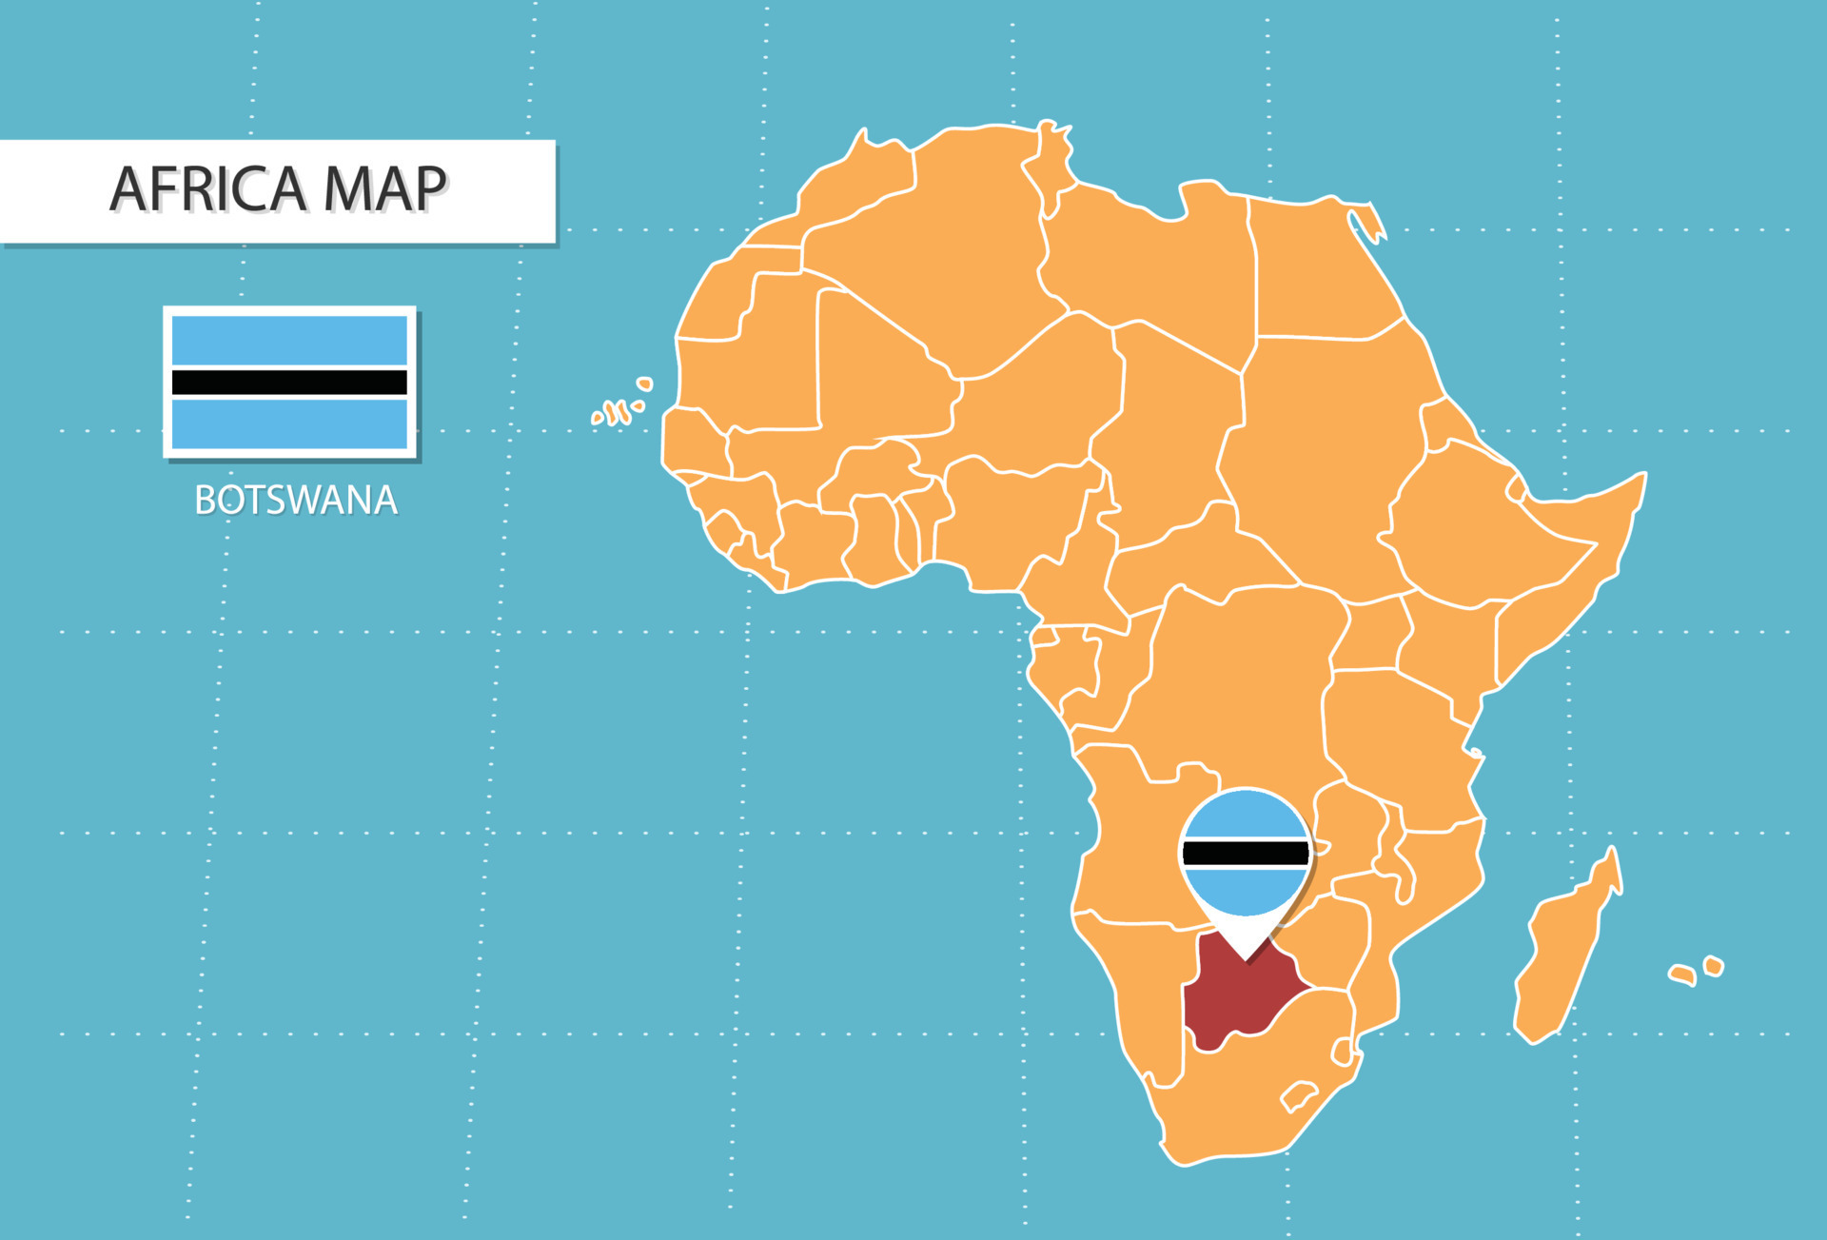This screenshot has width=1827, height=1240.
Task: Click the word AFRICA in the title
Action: tap(208, 188)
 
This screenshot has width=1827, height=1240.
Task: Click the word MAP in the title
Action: tap(384, 188)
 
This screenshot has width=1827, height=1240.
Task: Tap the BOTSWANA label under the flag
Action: tap(296, 501)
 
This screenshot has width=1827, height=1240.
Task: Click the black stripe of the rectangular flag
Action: tap(289, 383)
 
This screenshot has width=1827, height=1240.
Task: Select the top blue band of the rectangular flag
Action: tap(289, 340)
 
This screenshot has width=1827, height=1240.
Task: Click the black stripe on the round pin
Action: tap(1245, 854)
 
